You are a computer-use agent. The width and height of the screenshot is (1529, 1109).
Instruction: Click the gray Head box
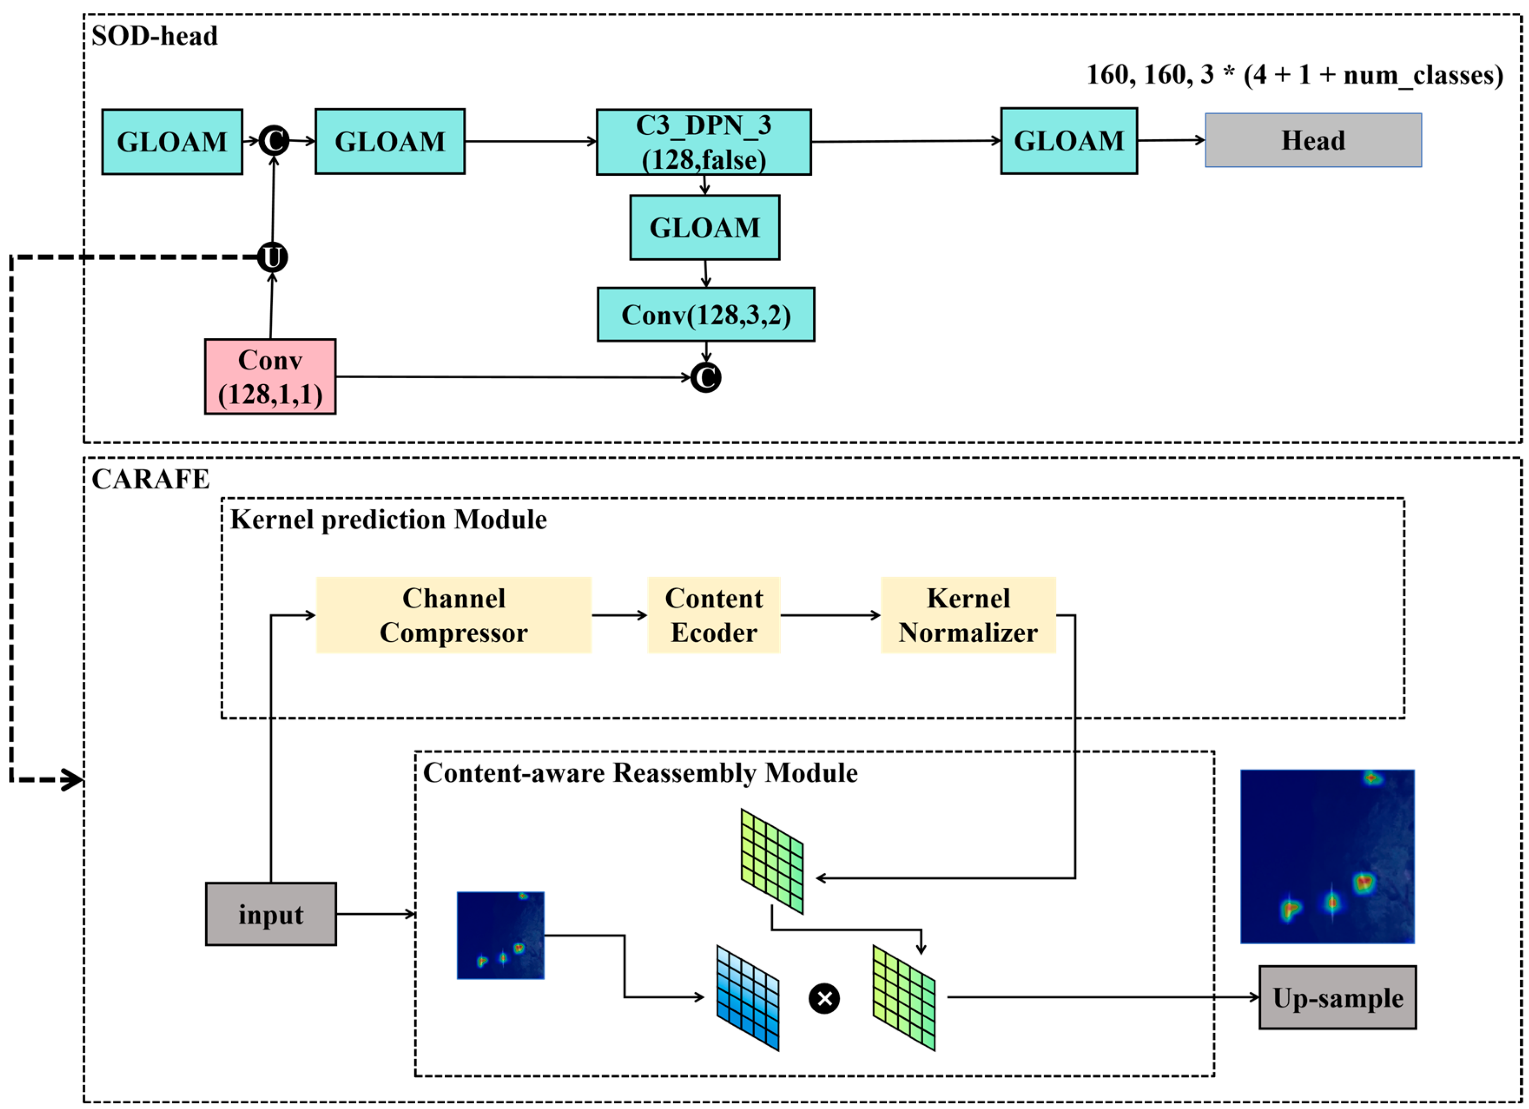tap(1313, 140)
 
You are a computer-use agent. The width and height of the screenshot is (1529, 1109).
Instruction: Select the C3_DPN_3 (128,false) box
tap(703, 142)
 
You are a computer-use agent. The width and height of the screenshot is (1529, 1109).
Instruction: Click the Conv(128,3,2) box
tap(706, 315)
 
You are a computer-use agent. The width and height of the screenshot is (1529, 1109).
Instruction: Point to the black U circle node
tap(272, 257)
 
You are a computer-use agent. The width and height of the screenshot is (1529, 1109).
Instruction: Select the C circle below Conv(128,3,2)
tap(706, 377)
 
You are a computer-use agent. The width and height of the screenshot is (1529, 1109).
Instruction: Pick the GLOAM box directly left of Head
tap(1069, 141)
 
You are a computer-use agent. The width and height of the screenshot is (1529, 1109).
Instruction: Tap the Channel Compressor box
tap(454, 615)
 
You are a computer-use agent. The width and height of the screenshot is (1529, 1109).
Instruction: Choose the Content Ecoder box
tap(714, 615)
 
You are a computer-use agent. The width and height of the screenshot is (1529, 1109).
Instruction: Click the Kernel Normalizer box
tap(968, 615)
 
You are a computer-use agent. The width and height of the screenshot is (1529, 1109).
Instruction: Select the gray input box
tap(270, 914)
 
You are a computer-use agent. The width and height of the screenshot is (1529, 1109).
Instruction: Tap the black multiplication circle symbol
tap(824, 998)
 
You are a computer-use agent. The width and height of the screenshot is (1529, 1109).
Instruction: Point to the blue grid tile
tap(747, 998)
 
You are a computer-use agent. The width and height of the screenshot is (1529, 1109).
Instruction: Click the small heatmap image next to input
tap(500, 935)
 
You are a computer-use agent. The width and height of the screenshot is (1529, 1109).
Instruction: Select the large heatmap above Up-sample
tap(1327, 856)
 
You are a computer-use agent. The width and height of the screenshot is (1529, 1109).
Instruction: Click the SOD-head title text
tap(155, 36)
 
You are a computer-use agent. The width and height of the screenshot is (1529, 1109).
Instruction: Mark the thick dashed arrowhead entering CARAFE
tap(73, 780)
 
